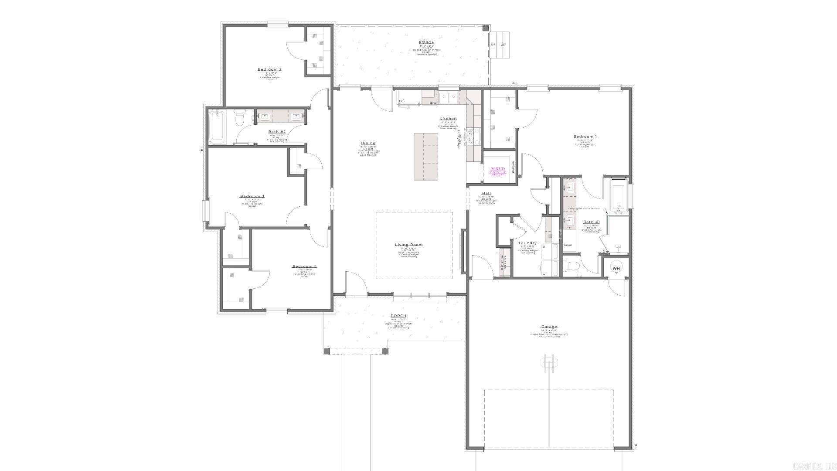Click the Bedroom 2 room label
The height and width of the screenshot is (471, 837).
[x=269, y=69]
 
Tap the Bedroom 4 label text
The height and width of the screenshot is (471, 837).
[x=304, y=266]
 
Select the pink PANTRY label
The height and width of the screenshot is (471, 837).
[x=498, y=169]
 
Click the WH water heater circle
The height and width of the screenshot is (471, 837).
[x=616, y=269]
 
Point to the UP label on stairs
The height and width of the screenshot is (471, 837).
[x=503, y=44]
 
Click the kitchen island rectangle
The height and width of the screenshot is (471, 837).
[x=425, y=156]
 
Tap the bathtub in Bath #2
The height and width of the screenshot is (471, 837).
[x=217, y=127]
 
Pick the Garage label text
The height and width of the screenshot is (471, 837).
[x=549, y=327]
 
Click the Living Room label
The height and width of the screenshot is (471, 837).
[x=408, y=245]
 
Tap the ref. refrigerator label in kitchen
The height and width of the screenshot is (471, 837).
[x=401, y=101]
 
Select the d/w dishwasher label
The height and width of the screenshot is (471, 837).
[x=433, y=103]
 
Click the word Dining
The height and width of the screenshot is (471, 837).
[x=368, y=143]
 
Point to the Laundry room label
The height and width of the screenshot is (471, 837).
[x=527, y=243]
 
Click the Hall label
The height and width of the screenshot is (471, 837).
[x=487, y=193]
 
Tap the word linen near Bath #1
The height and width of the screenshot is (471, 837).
[x=568, y=245]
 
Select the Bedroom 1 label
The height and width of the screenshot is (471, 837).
[x=585, y=137]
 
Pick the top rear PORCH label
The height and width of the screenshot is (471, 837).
[x=427, y=42]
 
